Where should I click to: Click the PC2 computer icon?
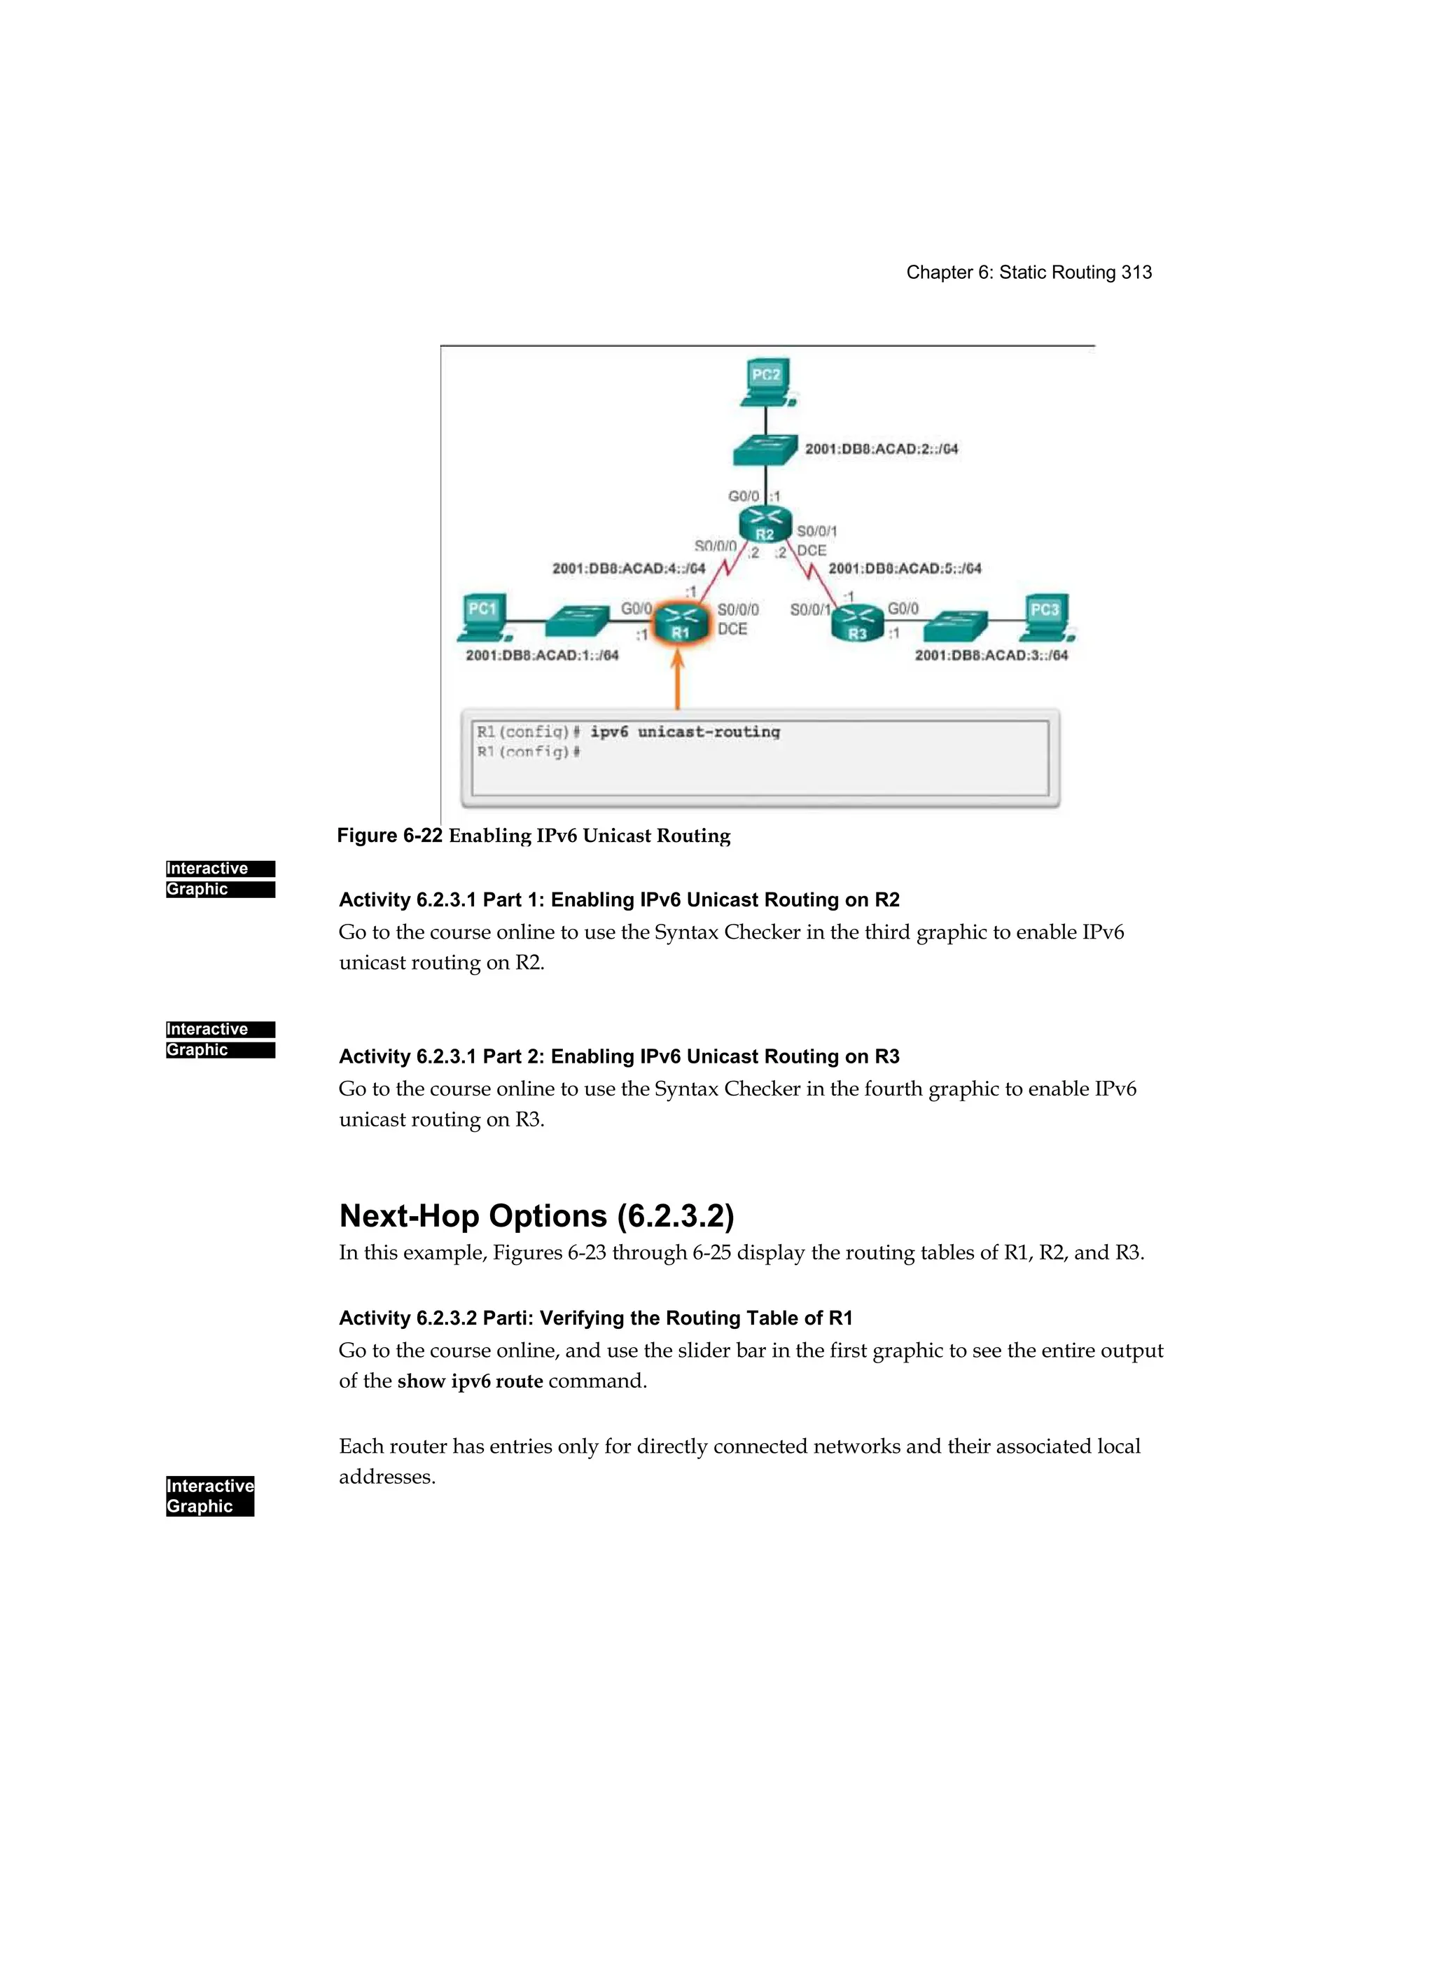point(767,381)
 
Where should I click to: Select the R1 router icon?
point(680,623)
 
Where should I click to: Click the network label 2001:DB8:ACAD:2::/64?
point(882,449)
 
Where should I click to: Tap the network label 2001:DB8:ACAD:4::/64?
point(628,568)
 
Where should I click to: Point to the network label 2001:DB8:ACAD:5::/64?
point(904,568)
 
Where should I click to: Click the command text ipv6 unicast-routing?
point(685,732)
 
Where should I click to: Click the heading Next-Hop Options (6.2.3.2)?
point(536,1215)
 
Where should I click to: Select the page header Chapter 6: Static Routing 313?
point(1029,272)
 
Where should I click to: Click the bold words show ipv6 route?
point(470,1381)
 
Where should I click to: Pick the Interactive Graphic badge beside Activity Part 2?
point(220,1040)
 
